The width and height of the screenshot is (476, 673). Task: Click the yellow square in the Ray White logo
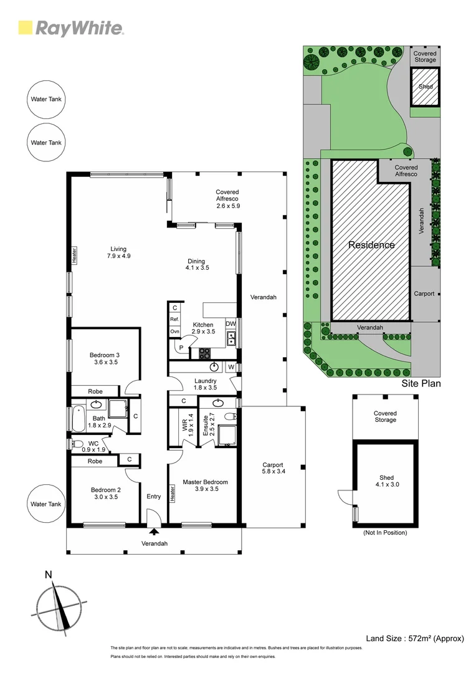coord(26,27)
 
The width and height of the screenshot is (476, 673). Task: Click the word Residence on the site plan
coord(371,245)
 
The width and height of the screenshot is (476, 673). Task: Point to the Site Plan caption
coord(421,383)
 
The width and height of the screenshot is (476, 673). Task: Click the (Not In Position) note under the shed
coord(384,533)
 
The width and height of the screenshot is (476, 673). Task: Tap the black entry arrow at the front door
coord(153,532)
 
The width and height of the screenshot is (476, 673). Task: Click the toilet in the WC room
coord(78,444)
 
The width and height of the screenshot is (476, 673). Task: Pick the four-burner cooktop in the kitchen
coord(205,353)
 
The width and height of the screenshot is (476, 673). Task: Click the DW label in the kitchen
coord(231,324)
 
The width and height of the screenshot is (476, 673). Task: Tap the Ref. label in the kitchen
coord(174,320)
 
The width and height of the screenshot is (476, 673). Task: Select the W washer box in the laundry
coord(231,367)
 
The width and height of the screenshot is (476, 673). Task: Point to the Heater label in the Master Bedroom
coord(173,494)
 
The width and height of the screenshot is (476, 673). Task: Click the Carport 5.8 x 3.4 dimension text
coord(273,469)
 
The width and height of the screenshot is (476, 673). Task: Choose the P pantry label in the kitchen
coord(181,348)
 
